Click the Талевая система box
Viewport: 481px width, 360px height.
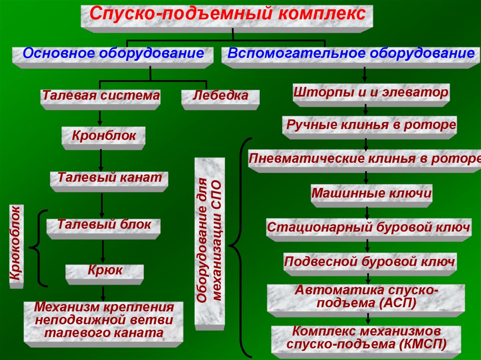[101, 98]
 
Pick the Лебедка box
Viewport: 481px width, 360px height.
[221, 98]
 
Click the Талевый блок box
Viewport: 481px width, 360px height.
[104, 226]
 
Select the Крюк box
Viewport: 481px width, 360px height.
[104, 272]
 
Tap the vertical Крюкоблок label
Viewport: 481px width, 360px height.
[15, 246]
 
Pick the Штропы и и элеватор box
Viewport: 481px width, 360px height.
[371, 94]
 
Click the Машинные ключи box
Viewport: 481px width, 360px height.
[371, 194]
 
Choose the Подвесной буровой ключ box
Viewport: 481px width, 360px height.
[370, 263]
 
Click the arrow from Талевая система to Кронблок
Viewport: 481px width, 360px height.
[100, 118]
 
